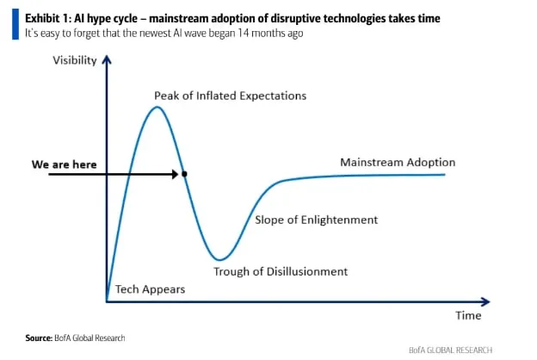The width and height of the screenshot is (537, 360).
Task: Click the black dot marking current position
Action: point(184,174)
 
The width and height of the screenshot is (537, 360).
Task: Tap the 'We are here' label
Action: point(64,164)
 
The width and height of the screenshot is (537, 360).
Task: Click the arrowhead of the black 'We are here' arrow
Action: point(175,174)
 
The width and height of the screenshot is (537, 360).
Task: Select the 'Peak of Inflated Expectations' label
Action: point(230,96)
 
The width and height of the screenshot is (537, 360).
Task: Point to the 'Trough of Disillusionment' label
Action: point(281,271)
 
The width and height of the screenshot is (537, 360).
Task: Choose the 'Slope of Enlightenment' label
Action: point(316,220)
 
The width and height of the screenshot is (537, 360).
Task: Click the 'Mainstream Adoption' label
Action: point(398,162)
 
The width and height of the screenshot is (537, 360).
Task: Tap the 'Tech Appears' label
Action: point(150,289)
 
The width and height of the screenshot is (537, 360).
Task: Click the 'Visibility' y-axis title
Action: point(75,60)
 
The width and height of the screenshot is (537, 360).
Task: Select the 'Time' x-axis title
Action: point(468,315)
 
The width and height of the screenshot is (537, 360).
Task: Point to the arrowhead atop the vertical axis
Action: point(107,59)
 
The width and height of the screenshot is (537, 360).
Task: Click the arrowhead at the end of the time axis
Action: point(486,301)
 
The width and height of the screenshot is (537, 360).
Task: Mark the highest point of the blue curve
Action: point(157,107)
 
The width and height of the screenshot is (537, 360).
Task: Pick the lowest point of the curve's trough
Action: point(219,259)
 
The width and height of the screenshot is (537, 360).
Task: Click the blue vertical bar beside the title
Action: point(15,24)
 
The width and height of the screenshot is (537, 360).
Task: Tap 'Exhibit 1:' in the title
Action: point(47,18)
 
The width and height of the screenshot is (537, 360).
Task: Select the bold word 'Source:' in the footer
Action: point(39,338)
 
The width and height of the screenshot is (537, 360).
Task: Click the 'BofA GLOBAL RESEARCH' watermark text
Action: point(450,350)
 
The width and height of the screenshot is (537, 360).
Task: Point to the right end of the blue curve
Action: point(445,175)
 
